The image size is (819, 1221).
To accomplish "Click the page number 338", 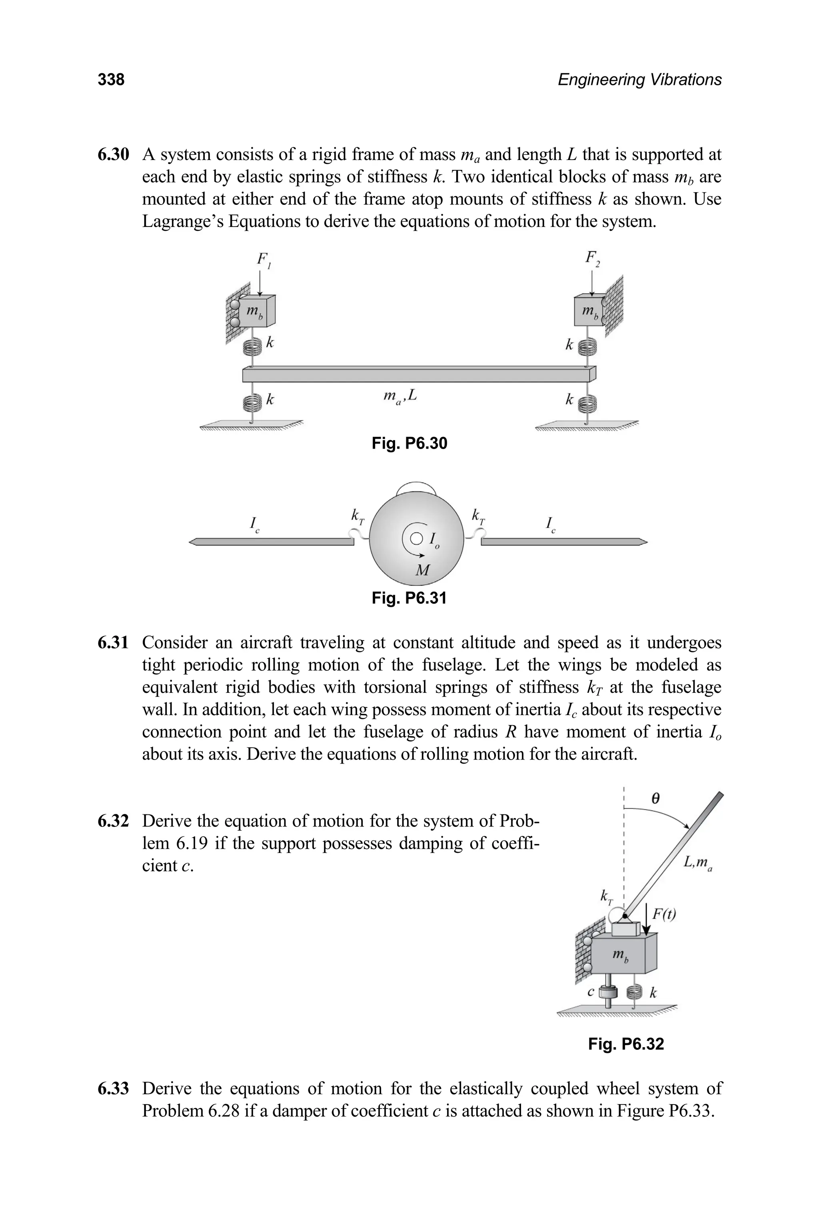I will pyautogui.click(x=111, y=80).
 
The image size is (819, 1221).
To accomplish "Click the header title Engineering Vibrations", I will pyautogui.click(x=639, y=80).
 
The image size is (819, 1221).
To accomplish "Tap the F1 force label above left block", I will pyautogui.click(x=263, y=260).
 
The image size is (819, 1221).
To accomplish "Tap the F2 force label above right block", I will pyautogui.click(x=592, y=258).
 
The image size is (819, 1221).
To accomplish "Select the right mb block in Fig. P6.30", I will pyautogui.click(x=589, y=311).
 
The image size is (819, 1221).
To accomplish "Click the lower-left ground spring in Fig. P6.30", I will pyautogui.click(x=252, y=403).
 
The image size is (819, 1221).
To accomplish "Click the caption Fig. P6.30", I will pyautogui.click(x=409, y=443).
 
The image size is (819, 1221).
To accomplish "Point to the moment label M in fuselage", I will pyautogui.click(x=421, y=570).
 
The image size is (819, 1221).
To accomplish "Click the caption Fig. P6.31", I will pyautogui.click(x=409, y=597).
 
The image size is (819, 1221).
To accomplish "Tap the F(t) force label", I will pyautogui.click(x=664, y=914).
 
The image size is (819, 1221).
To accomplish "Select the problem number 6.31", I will pyautogui.click(x=113, y=642).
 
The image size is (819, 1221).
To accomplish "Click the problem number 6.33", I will pyautogui.click(x=113, y=1089).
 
